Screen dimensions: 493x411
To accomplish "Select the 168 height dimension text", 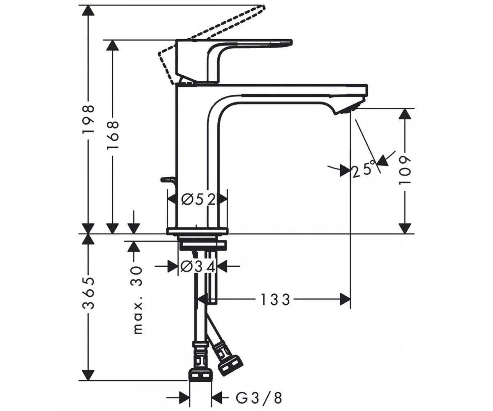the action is pos(113,135).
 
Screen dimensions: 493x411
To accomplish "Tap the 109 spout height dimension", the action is pos(405,170).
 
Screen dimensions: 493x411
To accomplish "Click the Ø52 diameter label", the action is pos(198,200).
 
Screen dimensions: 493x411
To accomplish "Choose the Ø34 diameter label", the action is pos(198,267).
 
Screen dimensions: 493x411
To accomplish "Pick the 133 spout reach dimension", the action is pos(275,300).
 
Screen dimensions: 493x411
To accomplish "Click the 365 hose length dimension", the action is pos(88,293).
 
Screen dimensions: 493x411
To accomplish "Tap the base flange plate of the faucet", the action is pos(197,231).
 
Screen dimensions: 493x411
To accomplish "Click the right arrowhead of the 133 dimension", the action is pos(345,300).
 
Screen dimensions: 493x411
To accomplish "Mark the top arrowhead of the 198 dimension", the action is pos(88,10).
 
